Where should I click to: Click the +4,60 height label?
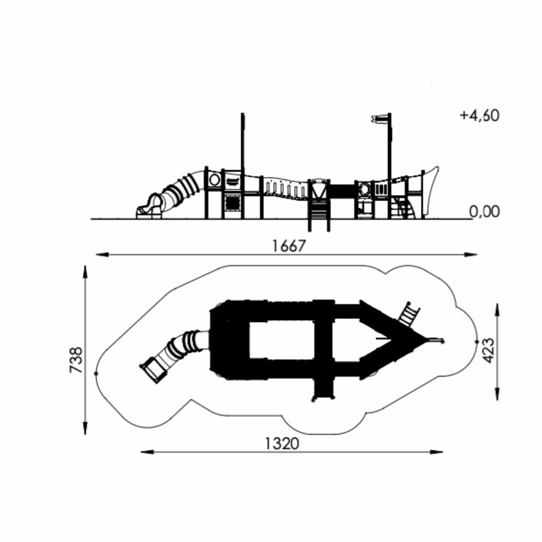point(479,116)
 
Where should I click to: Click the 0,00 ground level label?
point(485,211)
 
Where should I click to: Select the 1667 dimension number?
point(289,246)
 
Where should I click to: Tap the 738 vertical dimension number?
point(76,360)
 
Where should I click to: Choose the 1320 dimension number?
point(282,443)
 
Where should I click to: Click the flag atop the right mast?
point(379,119)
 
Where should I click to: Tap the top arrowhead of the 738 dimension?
point(85,272)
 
